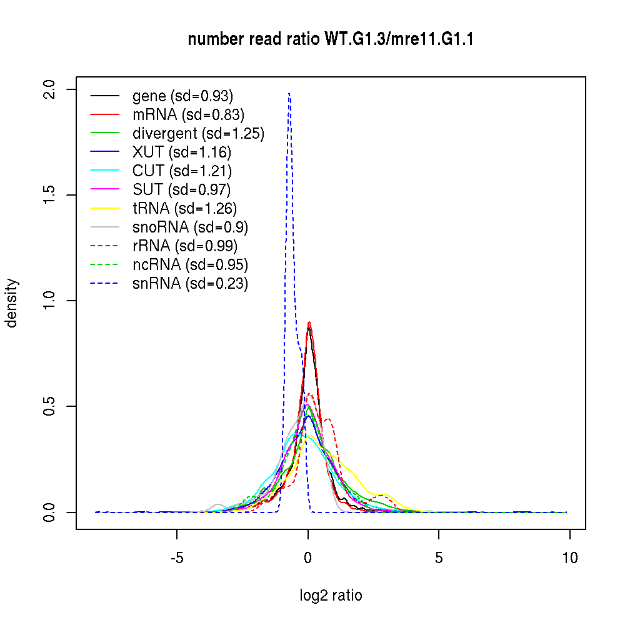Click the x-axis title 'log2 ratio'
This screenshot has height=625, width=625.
point(331,595)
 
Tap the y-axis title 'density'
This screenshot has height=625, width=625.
point(12,302)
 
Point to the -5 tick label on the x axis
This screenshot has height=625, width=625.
point(176,557)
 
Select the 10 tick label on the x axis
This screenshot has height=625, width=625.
point(569,557)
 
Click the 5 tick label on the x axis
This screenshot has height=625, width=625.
point(439,557)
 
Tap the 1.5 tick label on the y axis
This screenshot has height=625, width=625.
point(54,194)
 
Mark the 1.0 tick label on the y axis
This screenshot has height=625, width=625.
point(54,301)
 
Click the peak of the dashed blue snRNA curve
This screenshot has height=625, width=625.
point(289,93)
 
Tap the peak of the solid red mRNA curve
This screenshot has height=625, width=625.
point(309,322)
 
